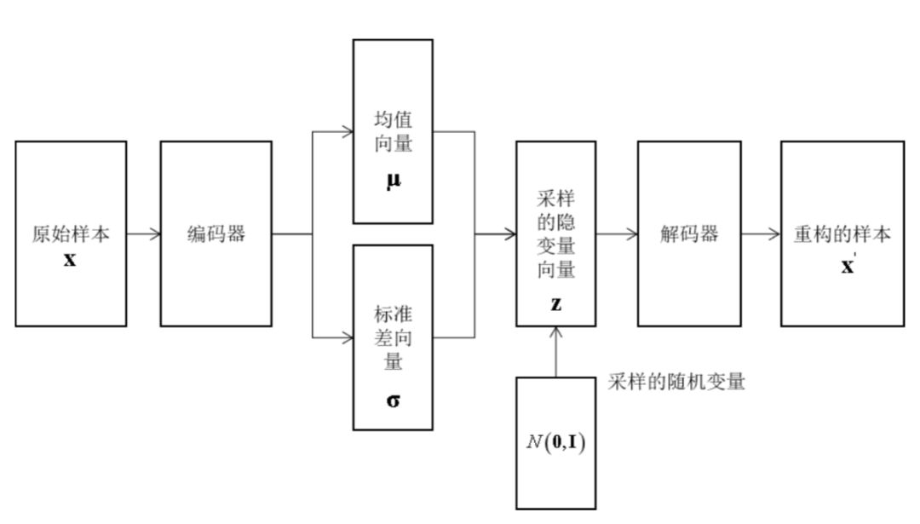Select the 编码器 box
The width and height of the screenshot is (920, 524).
pyautogui.click(x=216, y=233)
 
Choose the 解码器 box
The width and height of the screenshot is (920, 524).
pyautogui.click(x=688, y=233)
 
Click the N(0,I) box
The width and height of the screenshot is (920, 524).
pyautogui.click(x=555, y=442)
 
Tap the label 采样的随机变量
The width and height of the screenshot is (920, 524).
pyautogui.click(x=676, y=382)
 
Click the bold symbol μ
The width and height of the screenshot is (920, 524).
pyautogui.click(x=393, y=181)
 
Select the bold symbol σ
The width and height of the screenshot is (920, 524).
pyautogui.click(x=393, y=400)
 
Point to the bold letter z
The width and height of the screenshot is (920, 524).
pyautogui.click(x=555, y=302)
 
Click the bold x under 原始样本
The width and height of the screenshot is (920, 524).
pyautogui.click(x=70, y=259)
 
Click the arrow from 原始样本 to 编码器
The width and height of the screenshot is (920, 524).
pyautogui.click(x=143, y=233)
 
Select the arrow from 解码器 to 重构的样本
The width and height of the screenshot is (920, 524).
pyautogui.click(x=760, y=233)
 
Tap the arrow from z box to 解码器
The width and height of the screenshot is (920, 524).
pyautogui.click(x=616, y=233)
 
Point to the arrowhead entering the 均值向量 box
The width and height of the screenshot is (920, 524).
pyautogui.click(x=348, y=132)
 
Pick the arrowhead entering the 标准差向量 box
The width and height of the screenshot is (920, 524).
pyautogui.click(x=348, y=337)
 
